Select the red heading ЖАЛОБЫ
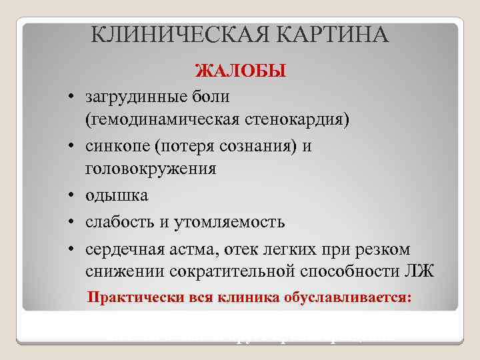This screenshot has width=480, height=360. pos(239,70)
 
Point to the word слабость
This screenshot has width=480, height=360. pos(119,221)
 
